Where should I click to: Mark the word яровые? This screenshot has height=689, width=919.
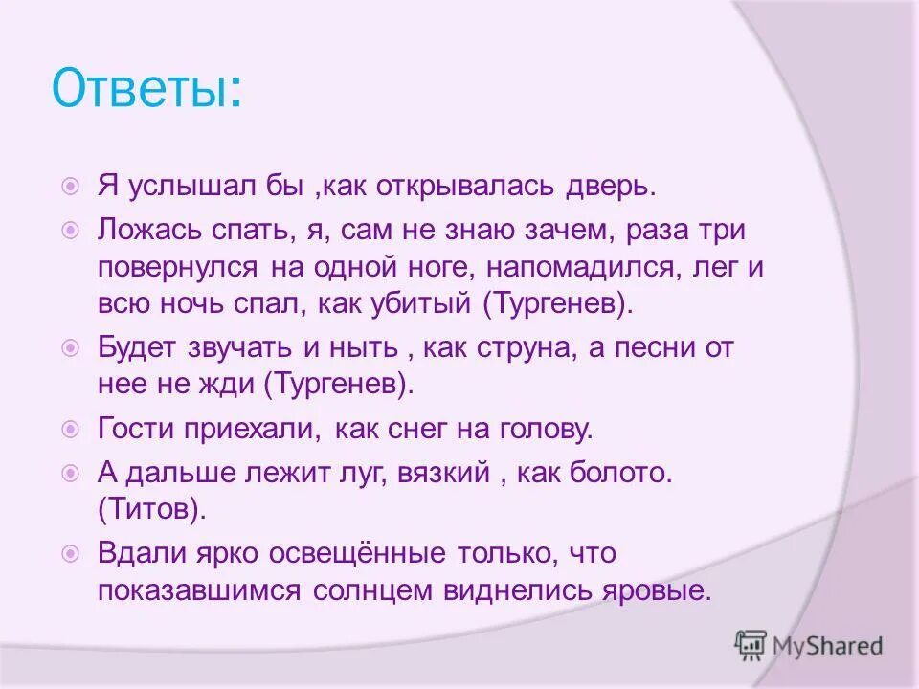point(670,589)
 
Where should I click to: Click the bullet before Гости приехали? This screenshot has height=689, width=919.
point(70,430)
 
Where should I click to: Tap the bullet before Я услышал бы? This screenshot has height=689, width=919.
point(70,187)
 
